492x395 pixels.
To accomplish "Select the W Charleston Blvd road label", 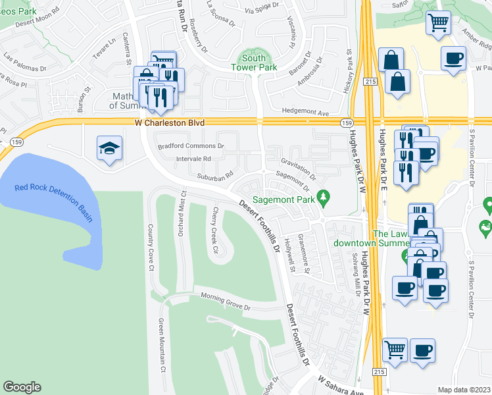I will pos(170,122).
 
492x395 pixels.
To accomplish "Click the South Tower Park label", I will pos(253,63).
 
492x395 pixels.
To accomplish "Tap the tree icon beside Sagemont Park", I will pos(322,196).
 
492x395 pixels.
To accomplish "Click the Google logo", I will pos(22,387).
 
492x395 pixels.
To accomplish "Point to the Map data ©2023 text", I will pos(464,390).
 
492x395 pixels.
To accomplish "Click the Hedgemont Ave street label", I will pos(305,113).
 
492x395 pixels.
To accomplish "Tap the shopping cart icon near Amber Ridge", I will pos(437,23).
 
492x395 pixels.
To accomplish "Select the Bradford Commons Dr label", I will pos(191,145).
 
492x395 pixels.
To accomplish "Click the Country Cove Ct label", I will pos(151,248).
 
